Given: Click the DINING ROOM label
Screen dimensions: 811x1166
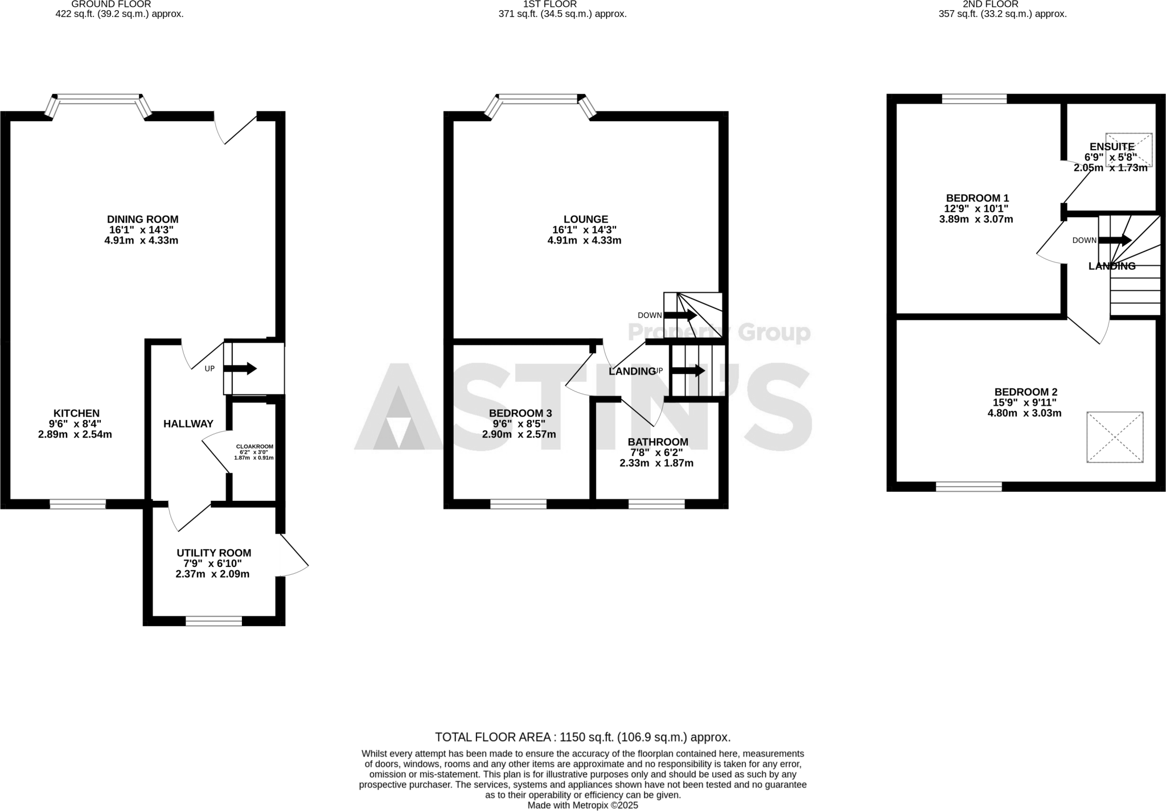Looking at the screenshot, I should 142,220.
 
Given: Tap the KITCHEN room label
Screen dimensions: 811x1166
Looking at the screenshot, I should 76,414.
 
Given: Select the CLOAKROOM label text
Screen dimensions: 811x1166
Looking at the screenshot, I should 254,447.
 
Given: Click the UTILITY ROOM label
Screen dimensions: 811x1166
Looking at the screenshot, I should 214,553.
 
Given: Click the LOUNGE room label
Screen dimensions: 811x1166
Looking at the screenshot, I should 585,220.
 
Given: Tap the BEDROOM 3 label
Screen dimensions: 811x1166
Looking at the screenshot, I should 520,414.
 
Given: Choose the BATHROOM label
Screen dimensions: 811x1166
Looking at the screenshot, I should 658,442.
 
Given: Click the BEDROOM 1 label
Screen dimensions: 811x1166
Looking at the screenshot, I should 977,199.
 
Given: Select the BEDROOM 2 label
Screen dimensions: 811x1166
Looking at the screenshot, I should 1025,393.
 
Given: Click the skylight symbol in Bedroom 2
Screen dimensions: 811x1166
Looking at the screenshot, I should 1114,437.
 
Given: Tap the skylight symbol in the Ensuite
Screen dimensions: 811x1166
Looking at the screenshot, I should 1128,150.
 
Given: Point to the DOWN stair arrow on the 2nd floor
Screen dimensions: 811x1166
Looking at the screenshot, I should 1115,240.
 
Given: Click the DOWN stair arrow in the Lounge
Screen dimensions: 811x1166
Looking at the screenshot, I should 680,315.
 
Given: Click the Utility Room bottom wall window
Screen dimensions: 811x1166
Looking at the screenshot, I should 214,621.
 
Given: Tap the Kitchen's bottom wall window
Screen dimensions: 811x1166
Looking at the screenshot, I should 77,504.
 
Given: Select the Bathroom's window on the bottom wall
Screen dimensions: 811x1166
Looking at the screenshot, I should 656,504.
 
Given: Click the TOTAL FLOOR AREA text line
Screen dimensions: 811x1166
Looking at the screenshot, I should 582,738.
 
